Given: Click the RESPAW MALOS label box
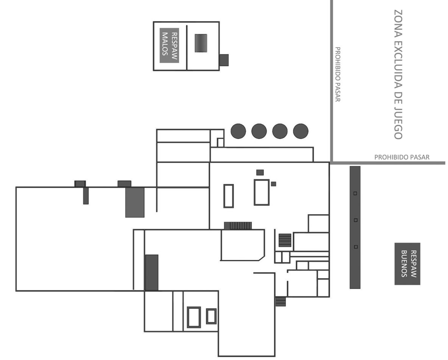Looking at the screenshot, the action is (169, 45).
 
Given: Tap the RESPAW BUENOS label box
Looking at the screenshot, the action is (407, 264).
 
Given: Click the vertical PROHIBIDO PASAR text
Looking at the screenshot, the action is (337, 74).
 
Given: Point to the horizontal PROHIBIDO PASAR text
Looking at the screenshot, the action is (402, 157).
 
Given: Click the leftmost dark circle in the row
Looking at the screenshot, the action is (238, 131).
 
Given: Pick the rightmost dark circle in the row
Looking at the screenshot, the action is (301, 131).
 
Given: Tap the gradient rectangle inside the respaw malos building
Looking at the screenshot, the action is (201, 43).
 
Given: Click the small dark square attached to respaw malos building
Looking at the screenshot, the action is (224, 60).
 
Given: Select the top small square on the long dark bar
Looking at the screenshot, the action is (355, 193).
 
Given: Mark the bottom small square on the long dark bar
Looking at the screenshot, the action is (356, 247).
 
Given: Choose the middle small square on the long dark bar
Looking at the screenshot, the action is (356, 220).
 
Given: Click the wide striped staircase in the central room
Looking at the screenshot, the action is (238, 226).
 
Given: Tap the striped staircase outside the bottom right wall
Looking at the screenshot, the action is (281, 302).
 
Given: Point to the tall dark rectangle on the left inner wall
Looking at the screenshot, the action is (152, 273).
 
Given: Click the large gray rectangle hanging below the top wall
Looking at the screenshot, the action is (135, 202).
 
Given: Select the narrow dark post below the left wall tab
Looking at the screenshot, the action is (86, 196).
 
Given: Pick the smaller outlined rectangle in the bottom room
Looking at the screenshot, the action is (211, 316).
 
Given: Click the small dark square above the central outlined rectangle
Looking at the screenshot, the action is (260, 172).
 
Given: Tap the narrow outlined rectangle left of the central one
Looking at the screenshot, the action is (229, 196).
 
